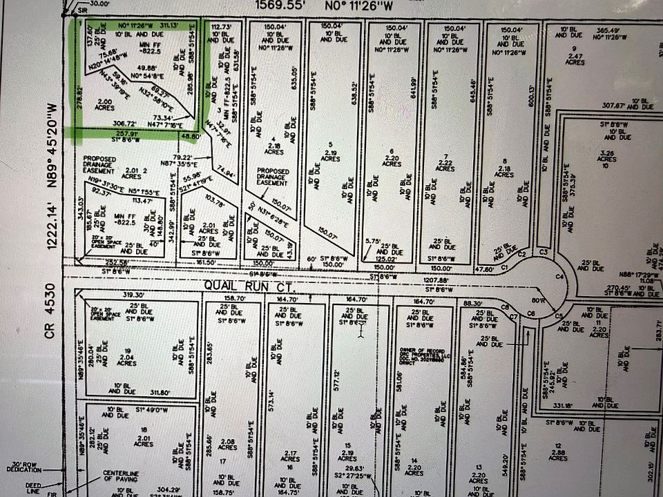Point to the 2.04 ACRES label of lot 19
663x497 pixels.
tap(126, 359)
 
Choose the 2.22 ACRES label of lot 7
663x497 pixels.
tap(447, 164)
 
